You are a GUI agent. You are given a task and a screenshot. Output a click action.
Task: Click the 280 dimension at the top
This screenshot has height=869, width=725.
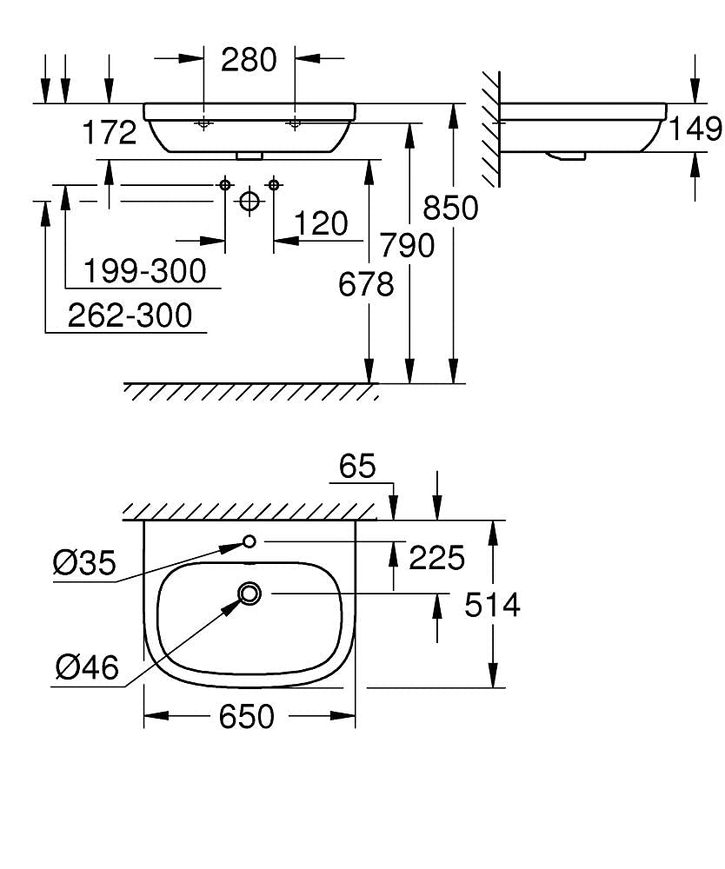click(x=249, y=60)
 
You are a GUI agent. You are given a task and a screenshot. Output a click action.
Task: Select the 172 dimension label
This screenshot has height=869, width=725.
click(x=110, y=133)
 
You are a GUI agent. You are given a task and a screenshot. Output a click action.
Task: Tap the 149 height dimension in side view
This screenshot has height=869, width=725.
click(x=695, y=129)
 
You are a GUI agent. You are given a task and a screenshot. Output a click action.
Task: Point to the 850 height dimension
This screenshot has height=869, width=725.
click(x=450, y=208)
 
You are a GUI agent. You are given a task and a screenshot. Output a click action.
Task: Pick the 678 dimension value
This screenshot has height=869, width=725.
click(x=368, y=284)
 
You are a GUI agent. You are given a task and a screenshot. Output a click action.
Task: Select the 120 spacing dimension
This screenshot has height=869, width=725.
click(x=320, y=223)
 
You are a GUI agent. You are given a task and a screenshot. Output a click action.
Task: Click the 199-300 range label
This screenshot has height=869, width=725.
click(x=145, y=272)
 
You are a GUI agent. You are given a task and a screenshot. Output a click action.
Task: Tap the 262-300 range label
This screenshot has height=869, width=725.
click(x=130, y=315)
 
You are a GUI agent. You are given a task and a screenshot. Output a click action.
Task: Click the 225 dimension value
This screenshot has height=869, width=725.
click(x=436, y=558)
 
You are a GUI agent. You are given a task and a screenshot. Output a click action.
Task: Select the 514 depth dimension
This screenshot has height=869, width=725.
click(x=492, y=604)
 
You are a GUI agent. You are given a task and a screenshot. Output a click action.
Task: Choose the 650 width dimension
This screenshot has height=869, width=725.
click(x=247, y=717)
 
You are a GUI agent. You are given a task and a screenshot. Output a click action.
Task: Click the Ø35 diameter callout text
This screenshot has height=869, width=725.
click(x=83, y=564)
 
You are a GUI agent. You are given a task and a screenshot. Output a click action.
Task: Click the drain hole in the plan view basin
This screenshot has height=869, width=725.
click(x=250, y=594)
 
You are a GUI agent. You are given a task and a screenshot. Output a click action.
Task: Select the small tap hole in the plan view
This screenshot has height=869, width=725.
click(x=249, y=541)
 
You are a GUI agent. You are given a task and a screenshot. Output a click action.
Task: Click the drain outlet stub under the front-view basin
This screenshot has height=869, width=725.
click(x=249, y=156)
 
